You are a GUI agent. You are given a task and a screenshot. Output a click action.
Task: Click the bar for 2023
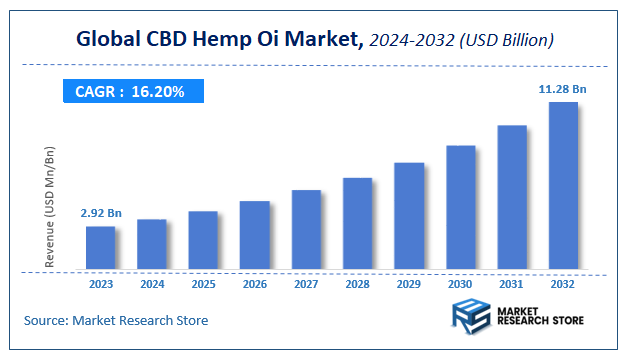click(x=100, y=248)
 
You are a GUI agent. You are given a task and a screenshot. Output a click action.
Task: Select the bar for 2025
click(x=203, y=240)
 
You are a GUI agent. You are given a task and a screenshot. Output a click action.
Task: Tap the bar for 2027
click(x=306, y=230)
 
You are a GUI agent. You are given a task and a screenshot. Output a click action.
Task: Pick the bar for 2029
click(x=409, y=216)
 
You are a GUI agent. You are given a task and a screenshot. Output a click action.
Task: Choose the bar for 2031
click(x=512, y=197)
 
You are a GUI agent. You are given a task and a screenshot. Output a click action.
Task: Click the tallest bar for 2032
click(x=563, y=186)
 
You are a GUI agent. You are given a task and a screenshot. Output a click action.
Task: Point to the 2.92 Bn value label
click(x=100, y=213)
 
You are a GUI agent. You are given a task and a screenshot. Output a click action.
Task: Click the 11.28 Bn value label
click(x=563, y=89)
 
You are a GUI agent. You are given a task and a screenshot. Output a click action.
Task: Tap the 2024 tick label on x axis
click(x=152, y=285)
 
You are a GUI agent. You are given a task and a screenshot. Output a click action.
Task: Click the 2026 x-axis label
click(x=255, y=285)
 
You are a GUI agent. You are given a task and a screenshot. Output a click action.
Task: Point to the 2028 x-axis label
click(x=358, y=285)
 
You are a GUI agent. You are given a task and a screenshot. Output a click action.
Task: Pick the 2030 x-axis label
click(x=460, y=285)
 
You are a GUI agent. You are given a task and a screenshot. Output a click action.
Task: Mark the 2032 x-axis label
click(x=563, y=285)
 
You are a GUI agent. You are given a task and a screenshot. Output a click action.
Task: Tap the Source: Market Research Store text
click(x=116, y=320)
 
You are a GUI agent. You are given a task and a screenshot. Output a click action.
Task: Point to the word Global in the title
click(x=108, y=39)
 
